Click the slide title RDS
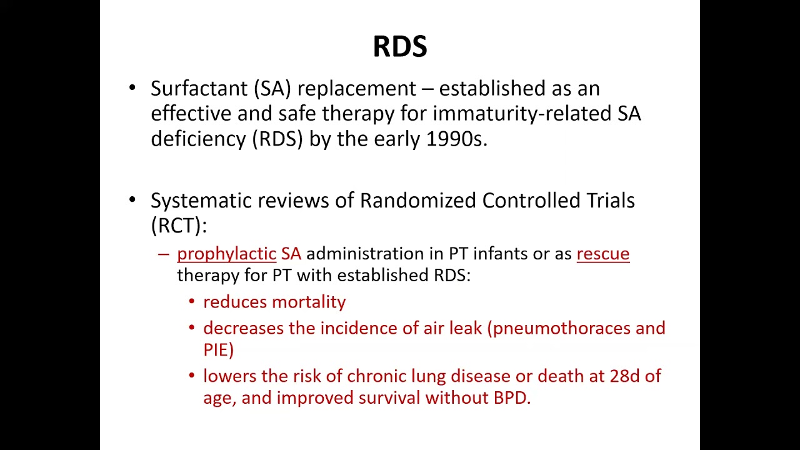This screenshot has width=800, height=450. [399, 47]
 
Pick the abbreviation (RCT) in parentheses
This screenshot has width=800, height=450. [179, 226]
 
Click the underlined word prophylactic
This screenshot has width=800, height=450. [226, 254]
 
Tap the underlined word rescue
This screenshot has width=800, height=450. [602, 254]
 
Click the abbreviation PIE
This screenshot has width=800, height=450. [218, 350]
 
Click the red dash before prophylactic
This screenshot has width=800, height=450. [164, 254]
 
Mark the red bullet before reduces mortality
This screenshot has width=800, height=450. [192, 302]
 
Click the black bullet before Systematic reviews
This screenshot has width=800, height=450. [132, 200]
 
